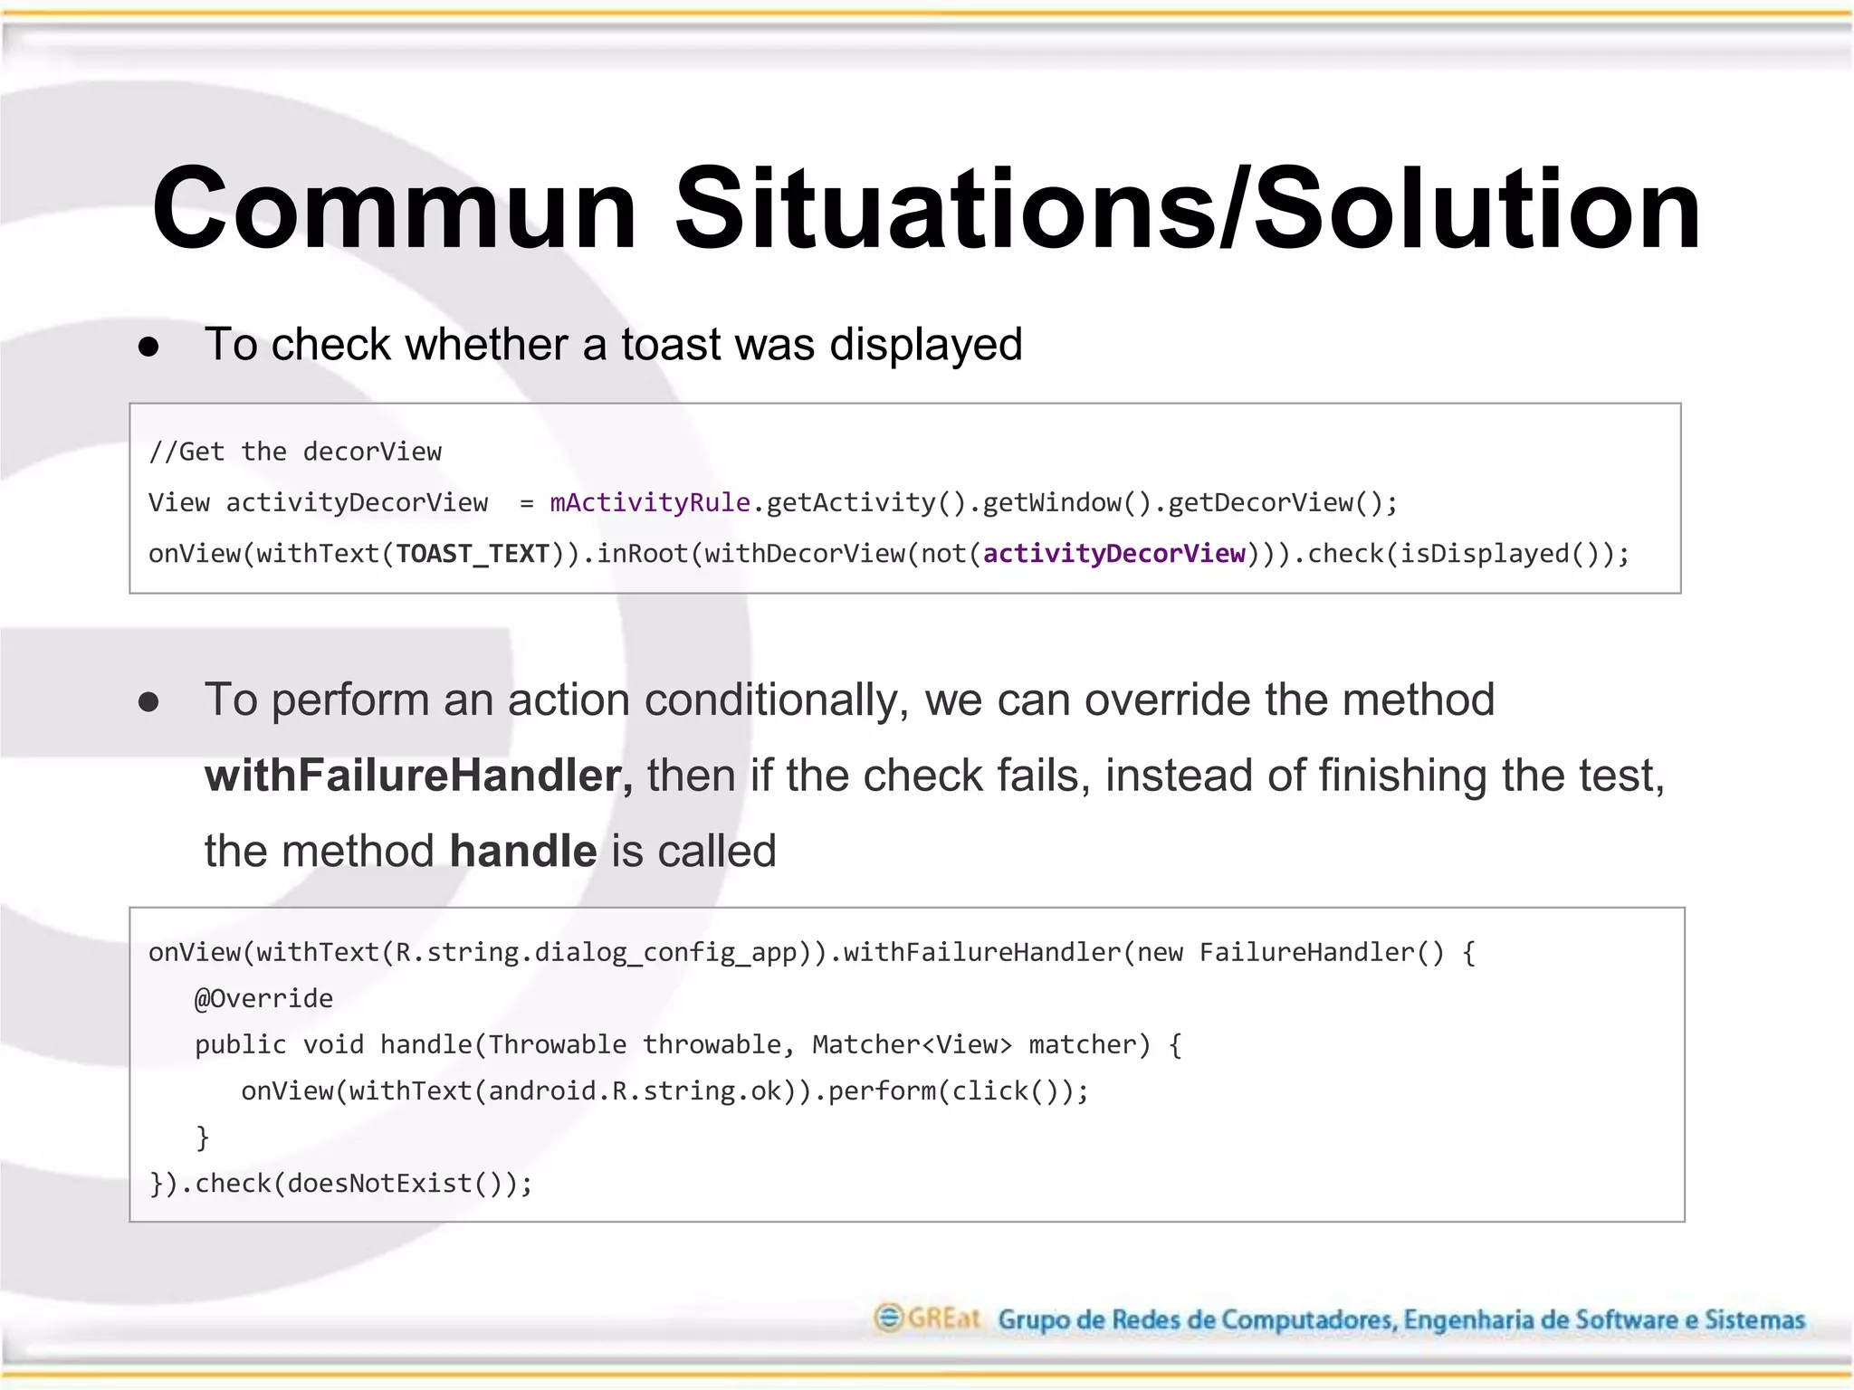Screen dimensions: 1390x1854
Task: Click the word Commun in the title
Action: (395, 209)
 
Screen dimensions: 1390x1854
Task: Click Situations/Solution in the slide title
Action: (1188, 209)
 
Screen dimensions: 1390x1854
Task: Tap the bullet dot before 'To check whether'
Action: (149, 347)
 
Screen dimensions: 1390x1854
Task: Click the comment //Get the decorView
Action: (295, 452)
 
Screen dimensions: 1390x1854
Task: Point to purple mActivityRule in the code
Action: (650, 502)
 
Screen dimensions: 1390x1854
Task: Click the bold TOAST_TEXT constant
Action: (473, 554)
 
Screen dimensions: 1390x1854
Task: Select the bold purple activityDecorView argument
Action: (1114, 554)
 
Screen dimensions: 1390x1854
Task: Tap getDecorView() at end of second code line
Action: (1275, 502)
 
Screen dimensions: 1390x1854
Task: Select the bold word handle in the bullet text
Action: (523, 851)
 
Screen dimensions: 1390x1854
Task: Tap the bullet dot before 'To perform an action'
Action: (149, 702)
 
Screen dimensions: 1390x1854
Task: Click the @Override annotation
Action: (263, 998)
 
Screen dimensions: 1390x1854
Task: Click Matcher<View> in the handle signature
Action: (912, 1044)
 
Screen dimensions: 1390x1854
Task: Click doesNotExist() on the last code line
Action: (394, 1183)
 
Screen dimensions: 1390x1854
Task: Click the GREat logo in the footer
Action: (927, 1318)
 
